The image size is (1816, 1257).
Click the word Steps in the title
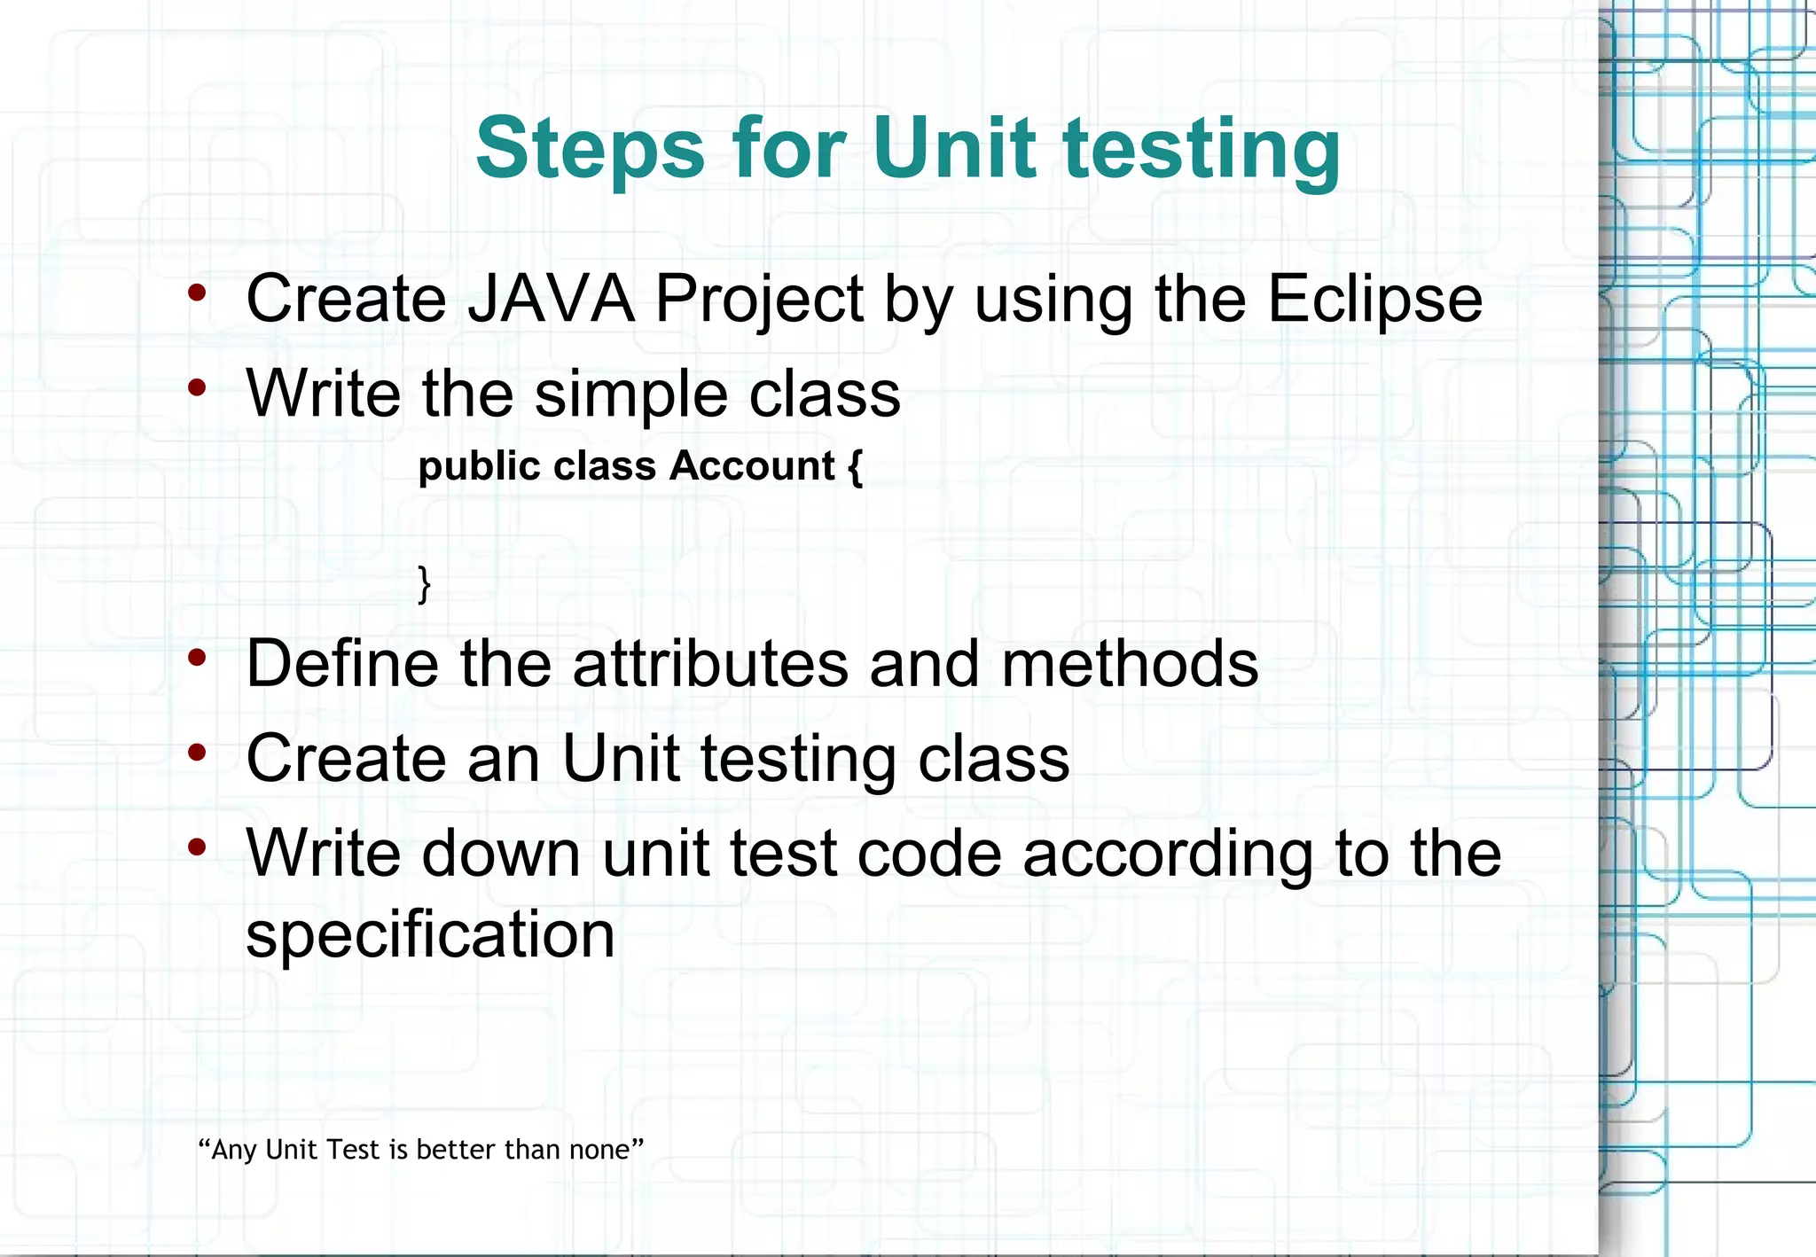tap(590, 149)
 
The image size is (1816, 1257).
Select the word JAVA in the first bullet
tap(551, 299)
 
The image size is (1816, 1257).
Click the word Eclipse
tap(1374, 299)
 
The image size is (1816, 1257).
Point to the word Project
tap(759, 299)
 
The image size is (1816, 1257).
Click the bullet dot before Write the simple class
tap(197, 386)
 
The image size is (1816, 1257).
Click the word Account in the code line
tap(752, 465)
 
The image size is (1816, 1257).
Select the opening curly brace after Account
tap(855, 466)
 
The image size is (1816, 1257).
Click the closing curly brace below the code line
tap(424, 583)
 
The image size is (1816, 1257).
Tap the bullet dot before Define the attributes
tap(197, 657)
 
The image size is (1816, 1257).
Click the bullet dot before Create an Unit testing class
tap(197, 753)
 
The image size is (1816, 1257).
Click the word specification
tap(430, 934)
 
